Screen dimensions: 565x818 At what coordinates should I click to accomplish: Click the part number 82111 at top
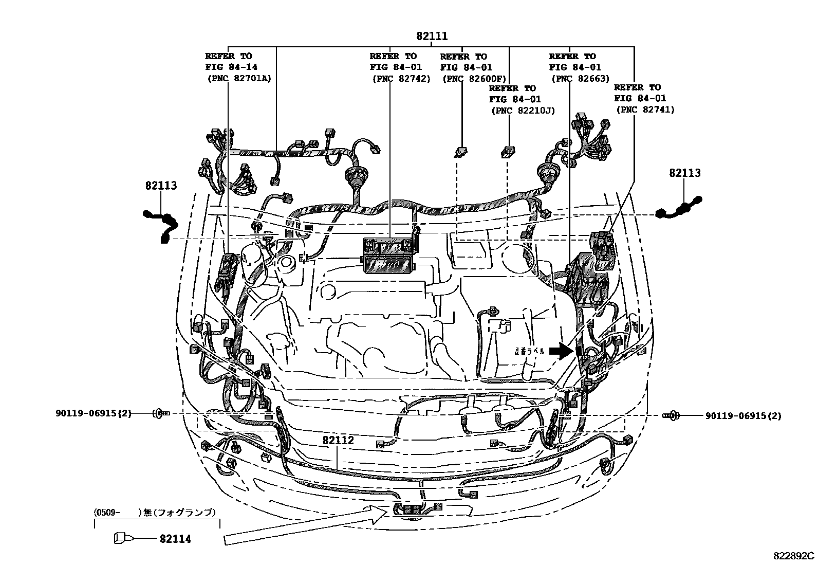432,37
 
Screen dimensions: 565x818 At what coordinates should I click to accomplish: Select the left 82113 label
161,186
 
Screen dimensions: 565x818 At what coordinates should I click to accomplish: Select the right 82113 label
684,173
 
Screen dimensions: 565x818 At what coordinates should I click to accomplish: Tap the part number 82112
338,441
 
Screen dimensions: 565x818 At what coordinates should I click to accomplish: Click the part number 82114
175,539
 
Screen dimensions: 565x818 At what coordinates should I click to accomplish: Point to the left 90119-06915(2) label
94,413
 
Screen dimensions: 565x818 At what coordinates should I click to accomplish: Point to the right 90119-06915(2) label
743,416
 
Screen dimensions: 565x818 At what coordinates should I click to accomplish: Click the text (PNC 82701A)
239,79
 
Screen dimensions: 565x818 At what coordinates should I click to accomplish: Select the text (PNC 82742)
401,79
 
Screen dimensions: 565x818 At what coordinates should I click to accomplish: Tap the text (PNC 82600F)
474,79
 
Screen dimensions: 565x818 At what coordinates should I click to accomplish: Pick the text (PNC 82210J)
523,110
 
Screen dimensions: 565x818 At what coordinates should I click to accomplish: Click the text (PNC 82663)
580,79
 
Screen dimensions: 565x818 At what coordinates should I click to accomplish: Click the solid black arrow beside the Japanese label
561,351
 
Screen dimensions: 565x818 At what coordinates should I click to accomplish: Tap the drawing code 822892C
794,556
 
